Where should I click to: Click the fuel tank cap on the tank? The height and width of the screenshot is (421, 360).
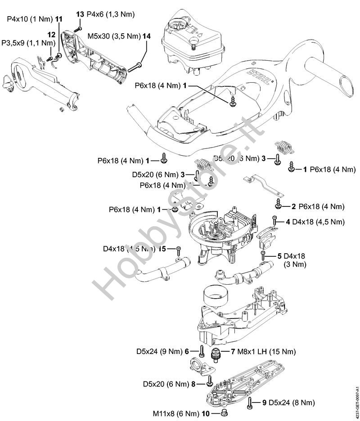coord(179,23)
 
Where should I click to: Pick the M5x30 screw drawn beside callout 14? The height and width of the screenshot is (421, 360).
coord(134,68)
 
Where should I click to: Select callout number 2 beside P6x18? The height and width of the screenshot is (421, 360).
coord(293,206)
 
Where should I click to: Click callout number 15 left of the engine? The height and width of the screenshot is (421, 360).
coord(163,249)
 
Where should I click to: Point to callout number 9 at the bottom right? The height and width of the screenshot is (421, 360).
coord(265,402)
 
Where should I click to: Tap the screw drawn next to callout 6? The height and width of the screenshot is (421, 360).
coord(202,351)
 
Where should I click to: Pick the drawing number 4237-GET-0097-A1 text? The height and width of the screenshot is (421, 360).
coord(356,395)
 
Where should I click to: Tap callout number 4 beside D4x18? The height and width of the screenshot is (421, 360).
coord(288,222)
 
